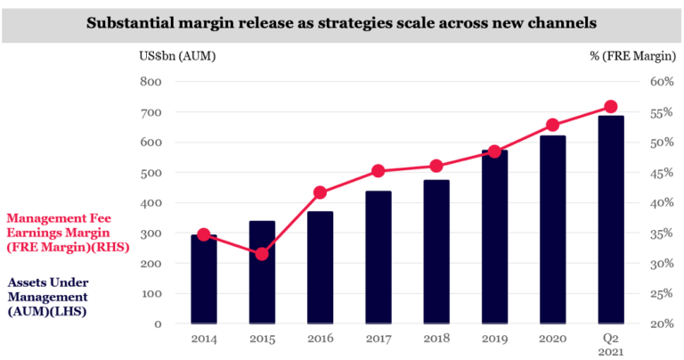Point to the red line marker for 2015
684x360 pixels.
(x=262, y=254)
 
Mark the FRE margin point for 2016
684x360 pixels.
(x=321, y=192)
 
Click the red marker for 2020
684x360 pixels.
(x=552, y=126)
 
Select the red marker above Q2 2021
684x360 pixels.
(x=610, y=107)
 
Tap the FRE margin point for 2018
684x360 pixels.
(x=436, y=166)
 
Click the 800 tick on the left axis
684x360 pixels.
(x=151, y=82)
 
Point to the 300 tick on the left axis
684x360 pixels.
(x=151, y=233)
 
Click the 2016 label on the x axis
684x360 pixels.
(x=320, y=340)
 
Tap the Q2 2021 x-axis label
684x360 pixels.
(x=610, y=345)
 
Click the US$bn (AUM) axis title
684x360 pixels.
(x=176, y=57)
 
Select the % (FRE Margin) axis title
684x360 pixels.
(x=632, y=57)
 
